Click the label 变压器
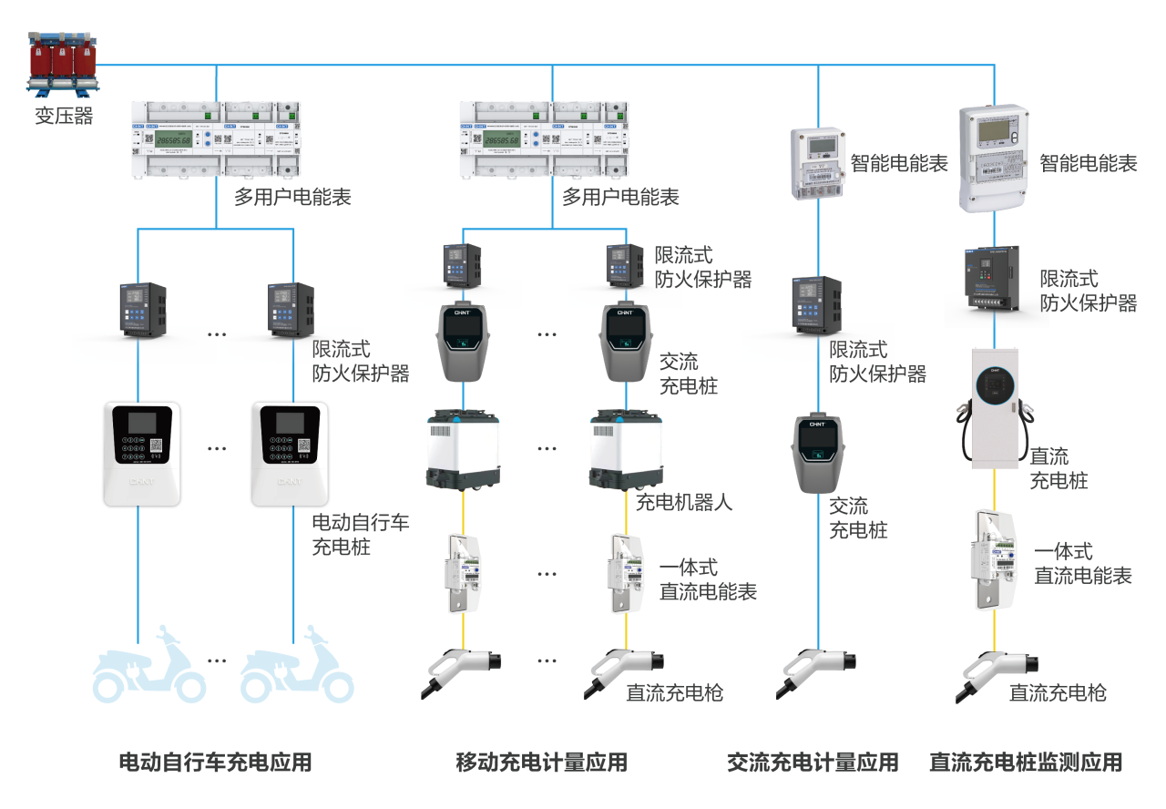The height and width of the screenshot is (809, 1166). coord(64,116)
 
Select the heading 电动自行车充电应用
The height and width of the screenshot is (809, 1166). coord(215,762)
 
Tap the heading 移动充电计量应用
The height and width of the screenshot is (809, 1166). coord(541,762)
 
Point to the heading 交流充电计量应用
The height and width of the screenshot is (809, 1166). coord(812,762)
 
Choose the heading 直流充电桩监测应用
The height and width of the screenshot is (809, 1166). coord(1025,762)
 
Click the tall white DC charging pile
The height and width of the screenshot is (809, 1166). coord(994,408)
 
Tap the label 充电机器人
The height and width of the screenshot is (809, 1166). coord(683,502)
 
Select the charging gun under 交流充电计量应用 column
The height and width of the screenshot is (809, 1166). coord(816,671)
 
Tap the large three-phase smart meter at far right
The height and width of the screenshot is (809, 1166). coord(995,157)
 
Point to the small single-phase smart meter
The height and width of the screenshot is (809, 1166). coord(818,162)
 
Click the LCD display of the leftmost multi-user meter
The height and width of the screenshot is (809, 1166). coord(172,139)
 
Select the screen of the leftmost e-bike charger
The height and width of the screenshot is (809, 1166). coord(139,423)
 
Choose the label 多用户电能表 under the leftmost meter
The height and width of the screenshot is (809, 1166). coord(291,197)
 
